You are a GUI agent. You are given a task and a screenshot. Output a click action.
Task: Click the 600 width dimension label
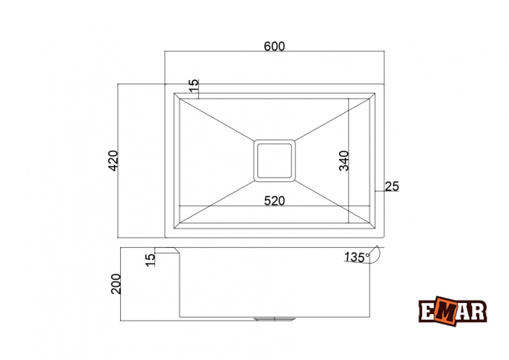275,47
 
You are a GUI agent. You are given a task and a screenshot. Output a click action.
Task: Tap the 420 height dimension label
114,160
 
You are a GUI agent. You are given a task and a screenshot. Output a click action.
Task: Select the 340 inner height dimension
344,160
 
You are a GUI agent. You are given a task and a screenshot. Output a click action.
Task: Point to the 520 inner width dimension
275,201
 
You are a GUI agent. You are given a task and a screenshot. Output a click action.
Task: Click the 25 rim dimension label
392,186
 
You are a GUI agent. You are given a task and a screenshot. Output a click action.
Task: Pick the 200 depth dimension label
116,284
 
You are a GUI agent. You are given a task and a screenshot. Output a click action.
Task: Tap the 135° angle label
357,257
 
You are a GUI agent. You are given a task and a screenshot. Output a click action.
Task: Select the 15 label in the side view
151,261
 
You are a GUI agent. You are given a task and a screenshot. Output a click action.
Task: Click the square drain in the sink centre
275,160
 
